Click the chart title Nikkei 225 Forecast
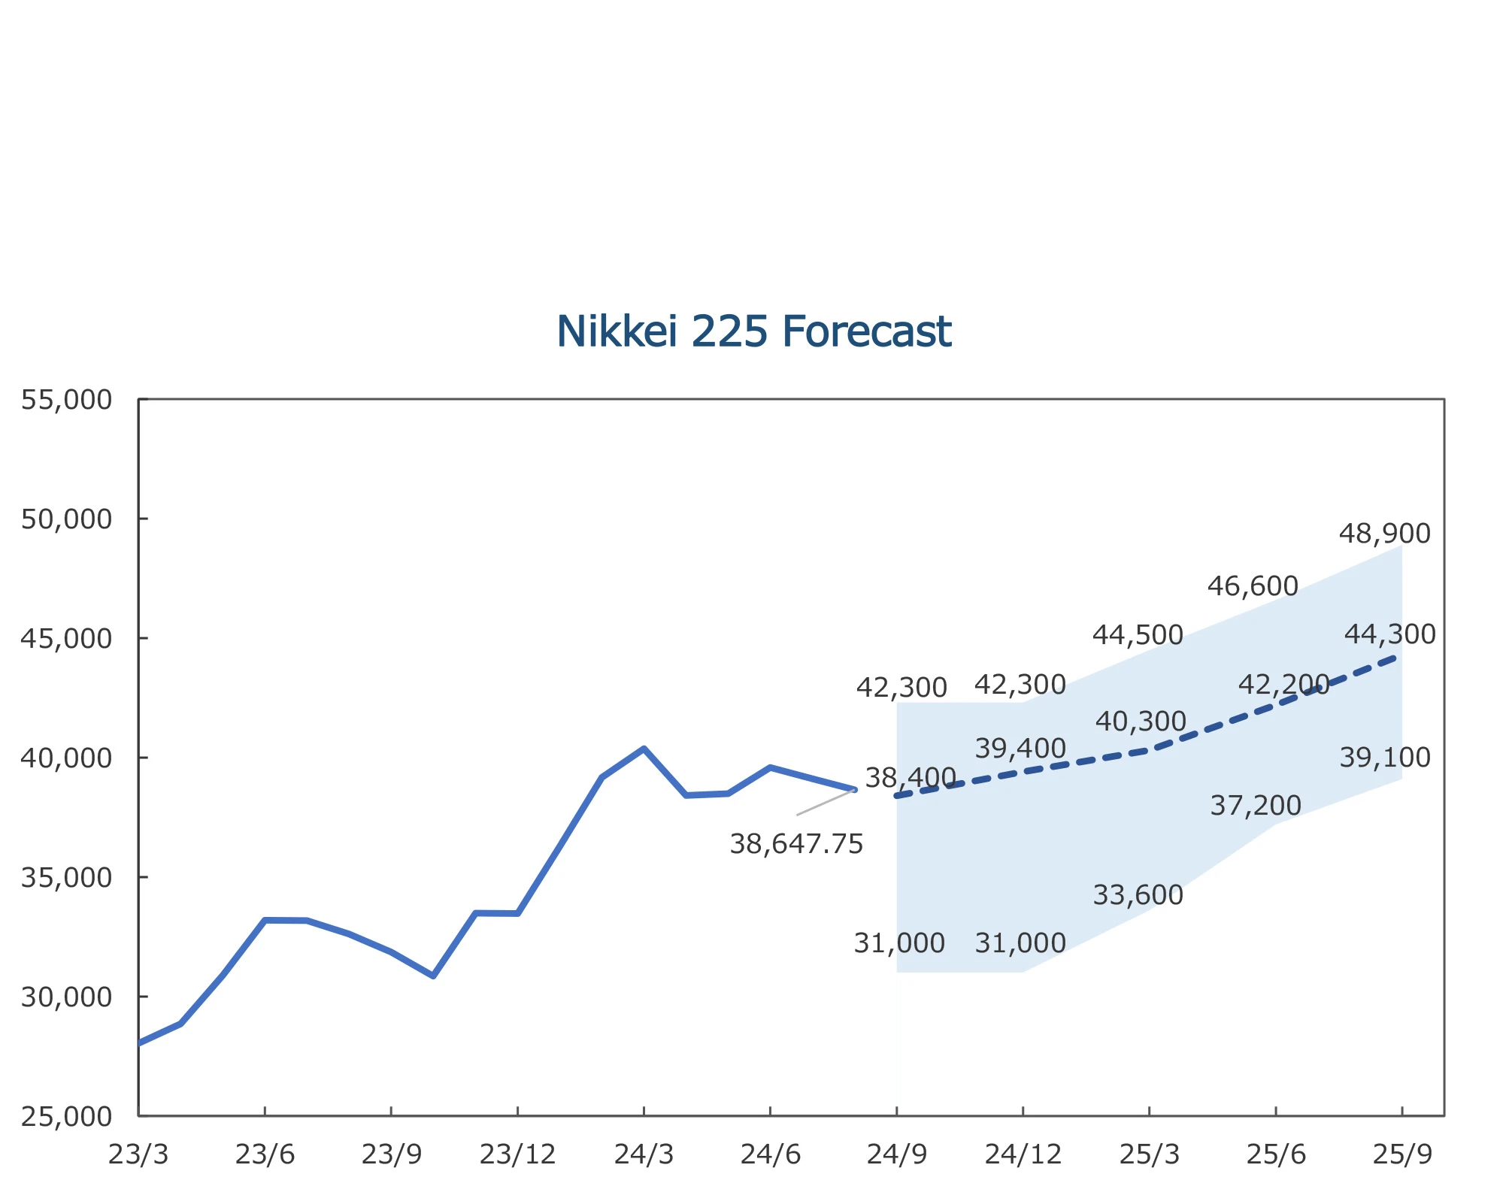(x=753, y=331)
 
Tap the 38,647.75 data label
(x=796, y=844)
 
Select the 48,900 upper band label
(x=1384, y=534)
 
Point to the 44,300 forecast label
(x=1389, y=634)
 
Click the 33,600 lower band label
(x=1138, y=895)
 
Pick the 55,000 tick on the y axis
(x=66, y=400)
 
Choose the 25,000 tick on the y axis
(x=66, y=1117)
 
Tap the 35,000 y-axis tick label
(x=66, y=877)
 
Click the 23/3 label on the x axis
(x=138, y=1154)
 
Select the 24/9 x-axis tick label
(x=896, y=1154)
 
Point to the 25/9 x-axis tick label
(x=1402, y=1154)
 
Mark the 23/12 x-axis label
(x=517, y=1154)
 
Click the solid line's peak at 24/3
(x=644, y=749)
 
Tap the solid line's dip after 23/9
(x=433, y=976)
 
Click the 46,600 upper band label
(x=1253, y=586)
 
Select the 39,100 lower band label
(x=1384, y=758)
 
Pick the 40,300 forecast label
(x=1141, y=722)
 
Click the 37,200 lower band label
(x=1255, y=806)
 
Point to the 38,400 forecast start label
(x=910, y=777)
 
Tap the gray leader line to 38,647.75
(x=826, y=802)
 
